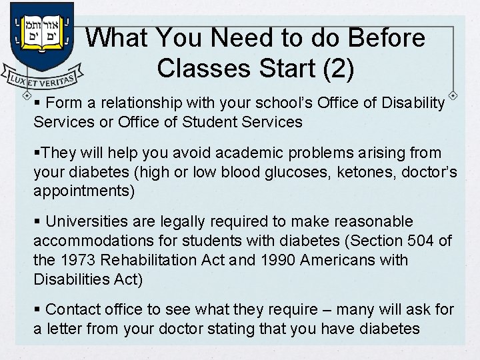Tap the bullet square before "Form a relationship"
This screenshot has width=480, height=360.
[x=37, y=103]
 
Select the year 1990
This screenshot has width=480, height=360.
[x=280, y=260]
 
